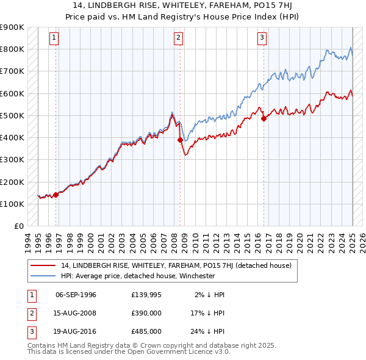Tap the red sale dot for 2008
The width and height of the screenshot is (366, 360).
[x=180, y=140]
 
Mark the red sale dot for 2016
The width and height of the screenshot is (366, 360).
[x=264, y=119]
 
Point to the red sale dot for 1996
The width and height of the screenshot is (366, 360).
[x=56, y=195]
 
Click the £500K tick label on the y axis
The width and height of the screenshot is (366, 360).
[x=12, y=115]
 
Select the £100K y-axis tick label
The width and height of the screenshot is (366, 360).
[x=12, y=204]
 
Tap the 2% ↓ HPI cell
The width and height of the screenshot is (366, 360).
[x=210, y=295]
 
